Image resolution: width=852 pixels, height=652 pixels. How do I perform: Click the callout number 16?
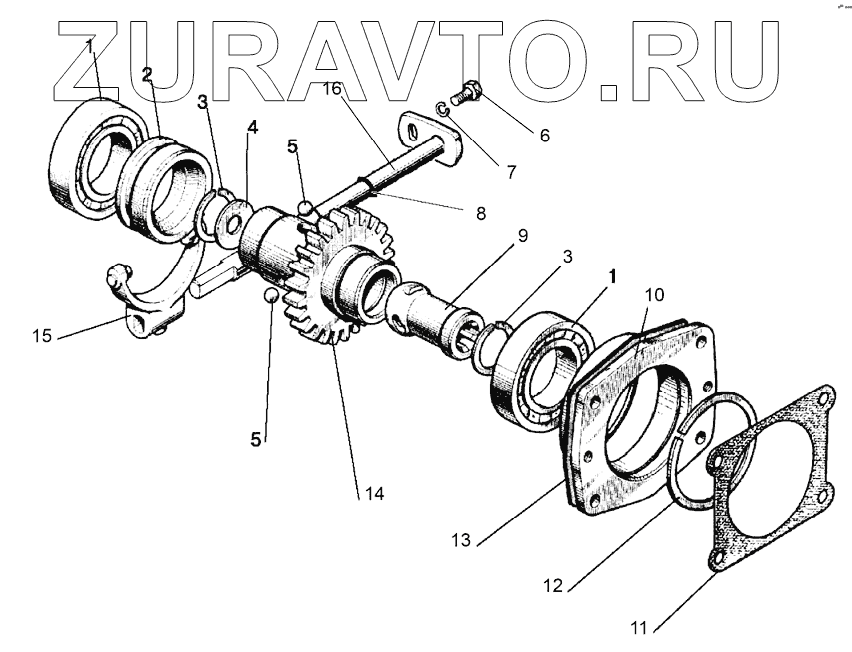point(333,89)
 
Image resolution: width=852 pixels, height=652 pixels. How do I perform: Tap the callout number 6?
point(543,135)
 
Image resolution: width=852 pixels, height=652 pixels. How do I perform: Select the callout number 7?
point(511,172)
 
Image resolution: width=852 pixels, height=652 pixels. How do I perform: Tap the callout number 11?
point(638,628)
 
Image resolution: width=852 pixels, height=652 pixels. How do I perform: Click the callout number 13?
point(461,541)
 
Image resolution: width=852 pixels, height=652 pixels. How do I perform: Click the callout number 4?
point(253,128)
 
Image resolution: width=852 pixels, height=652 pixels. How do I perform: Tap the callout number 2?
point(147,75)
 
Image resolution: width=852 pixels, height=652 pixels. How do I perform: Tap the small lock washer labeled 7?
point(444,110)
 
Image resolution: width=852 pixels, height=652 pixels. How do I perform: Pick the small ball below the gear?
point(269,296)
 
